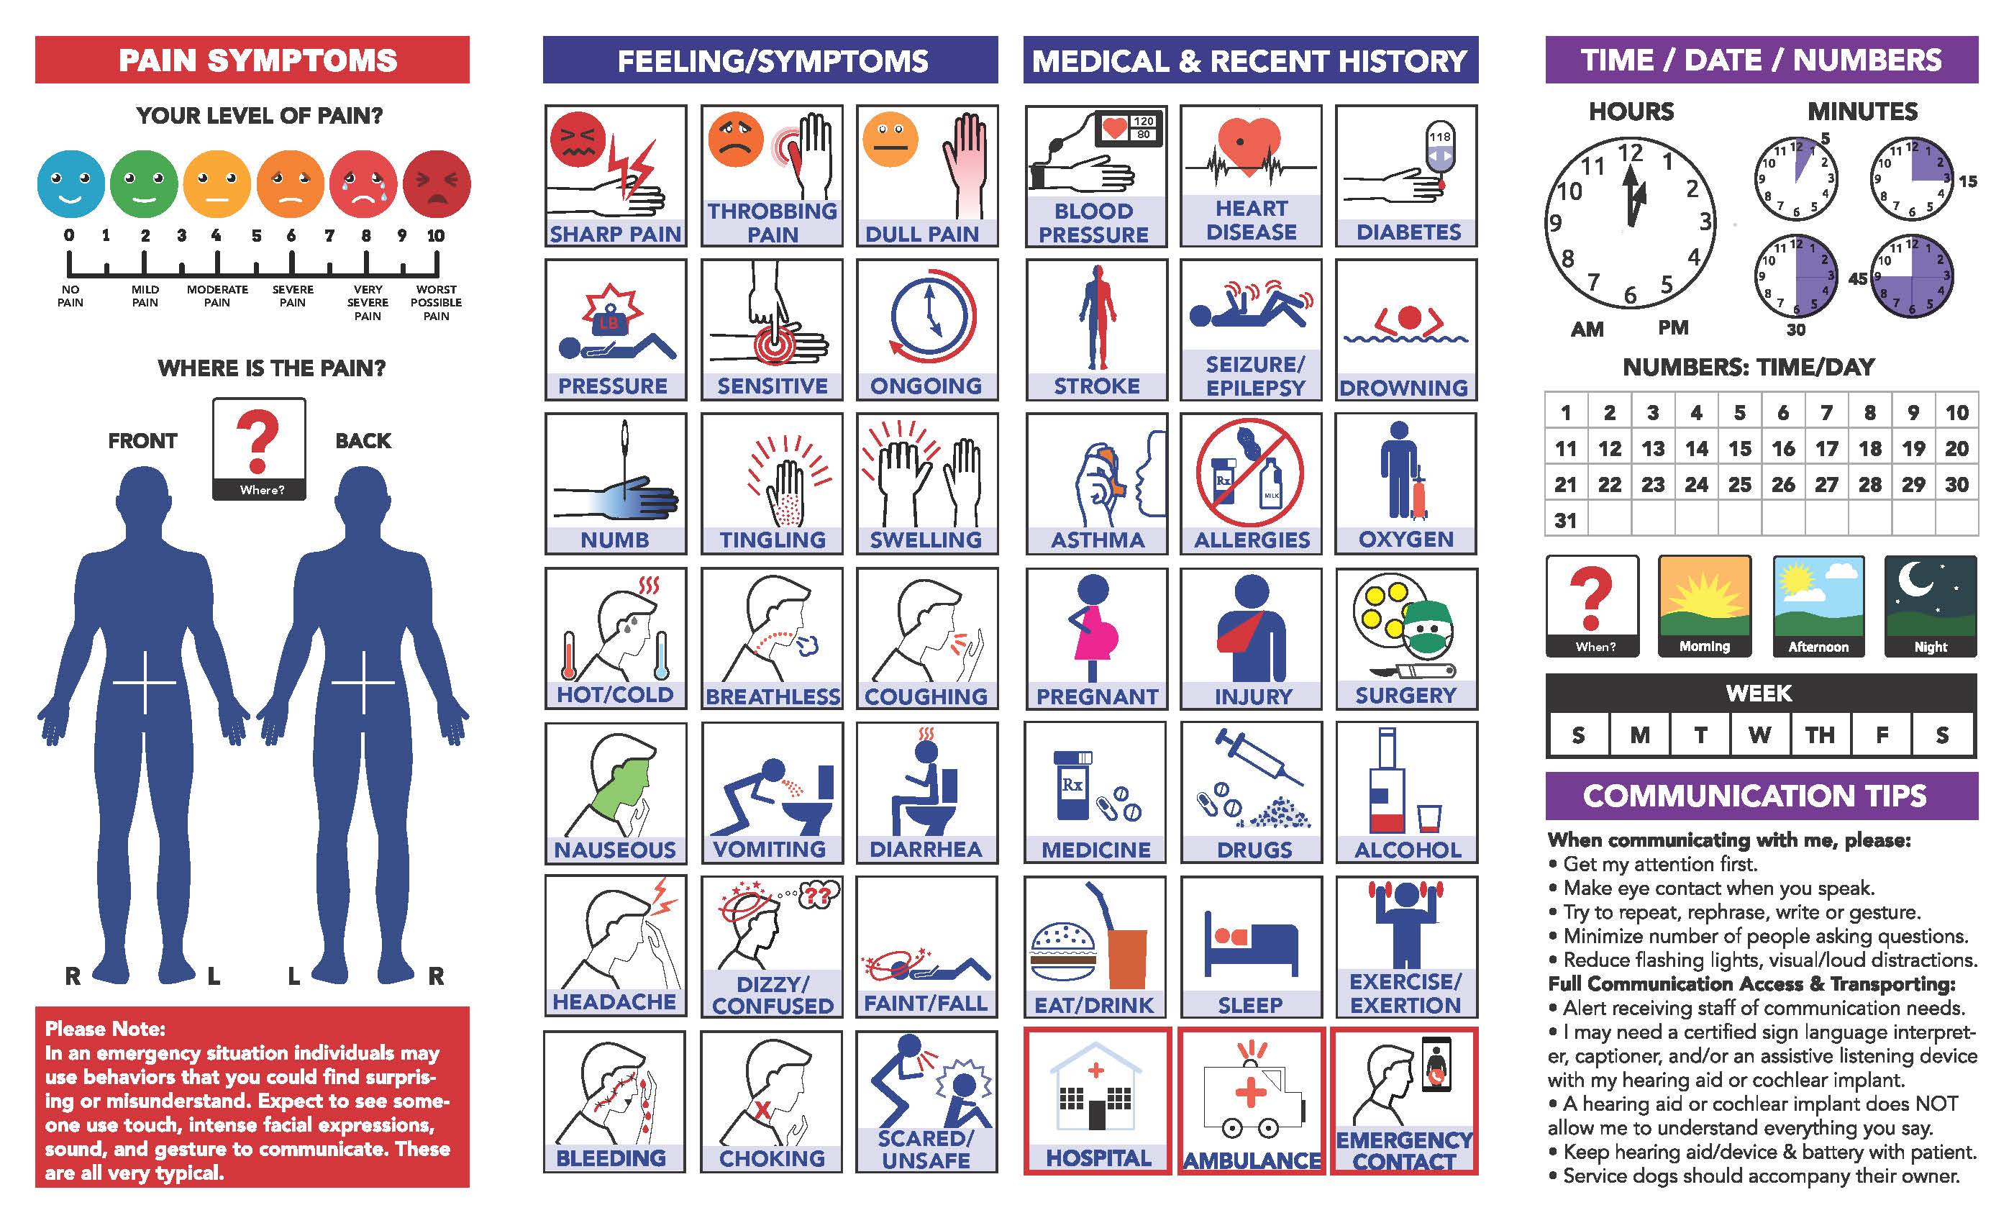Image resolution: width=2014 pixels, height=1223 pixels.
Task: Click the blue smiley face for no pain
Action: point(71,184)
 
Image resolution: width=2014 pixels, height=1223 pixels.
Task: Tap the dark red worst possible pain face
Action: point(437,184)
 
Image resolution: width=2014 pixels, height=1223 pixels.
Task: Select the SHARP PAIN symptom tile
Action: point(616,176)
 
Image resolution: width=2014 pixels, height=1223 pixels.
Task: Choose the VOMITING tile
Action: point(773,792)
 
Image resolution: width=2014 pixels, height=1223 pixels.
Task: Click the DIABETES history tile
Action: point(1407,176)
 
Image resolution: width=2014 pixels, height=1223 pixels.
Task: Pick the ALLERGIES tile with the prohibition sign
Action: point(1252,484)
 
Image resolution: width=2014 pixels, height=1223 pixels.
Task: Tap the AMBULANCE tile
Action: point(1252,1101)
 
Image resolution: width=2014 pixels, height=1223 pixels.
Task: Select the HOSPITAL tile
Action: point(1098,1101)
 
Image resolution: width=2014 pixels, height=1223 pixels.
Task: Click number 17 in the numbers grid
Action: point(1827,448)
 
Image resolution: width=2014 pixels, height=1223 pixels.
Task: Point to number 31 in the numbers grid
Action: point(1565,520)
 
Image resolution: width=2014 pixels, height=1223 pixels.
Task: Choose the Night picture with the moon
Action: point(1931,606)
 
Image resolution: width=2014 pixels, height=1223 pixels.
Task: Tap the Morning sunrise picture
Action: point(1704,606)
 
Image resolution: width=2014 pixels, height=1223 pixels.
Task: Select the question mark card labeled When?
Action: point(1592,606)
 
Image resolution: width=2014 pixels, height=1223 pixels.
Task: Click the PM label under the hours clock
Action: point(1673,328)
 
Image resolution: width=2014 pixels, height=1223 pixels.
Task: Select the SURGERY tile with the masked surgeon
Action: point(1407,639)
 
